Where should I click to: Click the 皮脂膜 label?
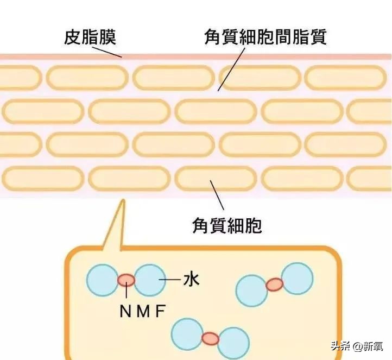point(90,36)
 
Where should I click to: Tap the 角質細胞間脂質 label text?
point(265,36)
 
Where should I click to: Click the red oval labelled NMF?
point(127,280)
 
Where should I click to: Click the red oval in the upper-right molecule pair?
point(274,284)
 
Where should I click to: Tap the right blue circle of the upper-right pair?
point(297,278)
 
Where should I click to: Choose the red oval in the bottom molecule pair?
point(211,338)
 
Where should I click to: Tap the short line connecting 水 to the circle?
point(171,280)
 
